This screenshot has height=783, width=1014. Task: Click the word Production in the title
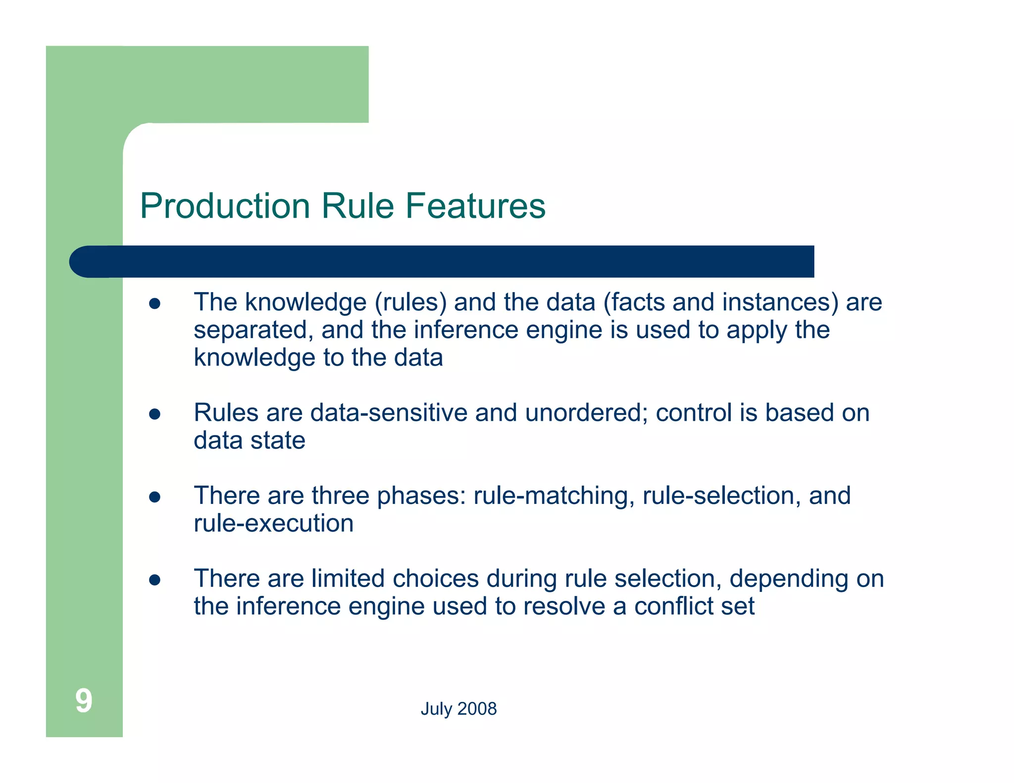click(x=225, y=206)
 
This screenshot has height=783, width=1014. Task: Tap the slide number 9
click(x=84, y=701)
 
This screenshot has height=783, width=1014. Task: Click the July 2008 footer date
click(x=458, y=709)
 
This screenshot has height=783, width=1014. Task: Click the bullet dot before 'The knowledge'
click(x=155, y=303)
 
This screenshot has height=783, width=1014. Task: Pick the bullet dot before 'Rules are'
click(x=155, y=414)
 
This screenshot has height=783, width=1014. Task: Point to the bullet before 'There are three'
click(x=155, y=497)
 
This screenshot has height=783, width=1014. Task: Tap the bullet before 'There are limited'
click(x=155, y=580)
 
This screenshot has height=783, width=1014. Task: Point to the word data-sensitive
click(x=389, y=413)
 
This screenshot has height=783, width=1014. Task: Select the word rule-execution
click(x=274, y=523)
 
